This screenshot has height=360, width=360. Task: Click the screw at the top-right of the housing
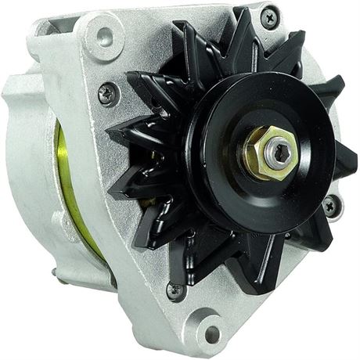271,13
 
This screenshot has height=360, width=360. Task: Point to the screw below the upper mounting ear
107,94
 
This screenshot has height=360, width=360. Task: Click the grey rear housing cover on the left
23,157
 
